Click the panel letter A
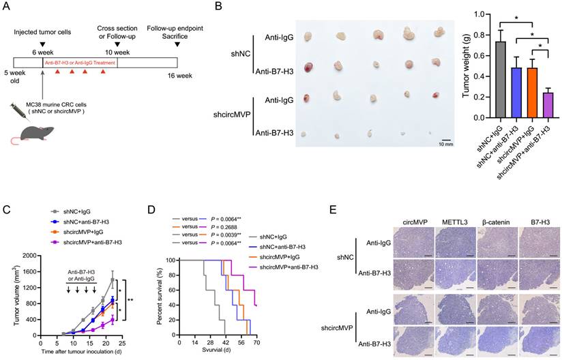pos(7,8)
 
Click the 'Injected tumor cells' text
pos(43,31)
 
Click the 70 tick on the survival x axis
pos(257,342)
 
